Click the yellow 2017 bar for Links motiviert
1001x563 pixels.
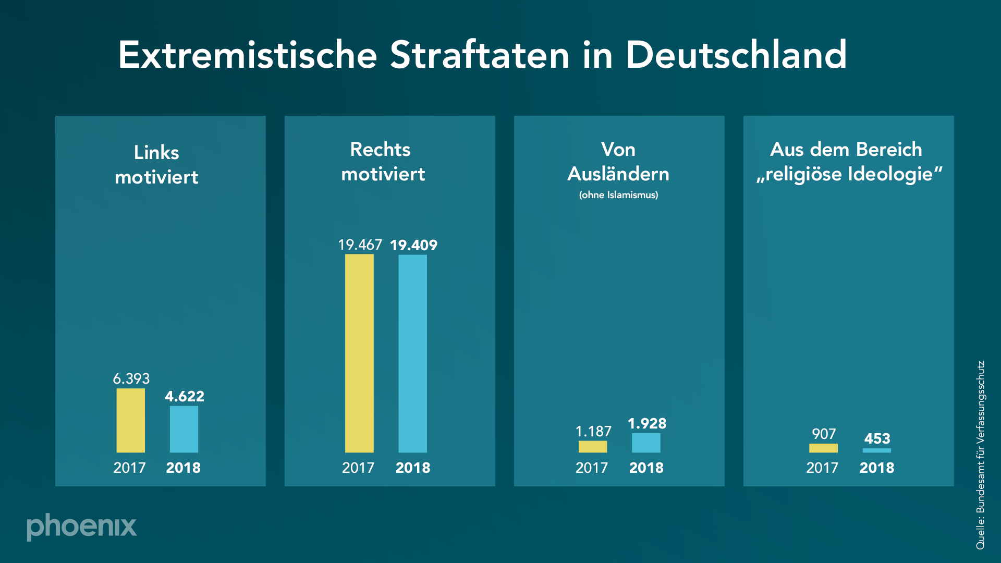(130, 420)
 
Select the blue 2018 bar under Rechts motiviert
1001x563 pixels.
(412, 353)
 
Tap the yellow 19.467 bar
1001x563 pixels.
(359, 353)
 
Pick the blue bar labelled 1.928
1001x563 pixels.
(646, 443)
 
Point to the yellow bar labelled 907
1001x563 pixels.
(823, 448)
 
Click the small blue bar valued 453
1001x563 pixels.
(876, 450)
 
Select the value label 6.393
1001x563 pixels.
(131, 378)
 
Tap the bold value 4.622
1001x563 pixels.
(185, 396)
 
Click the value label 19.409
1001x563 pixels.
(413, 245)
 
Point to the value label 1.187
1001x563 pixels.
(593, 431)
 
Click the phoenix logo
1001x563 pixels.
(82, 527)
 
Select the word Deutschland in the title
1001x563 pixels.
(736, 55)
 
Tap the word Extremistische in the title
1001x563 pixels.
(248, 55)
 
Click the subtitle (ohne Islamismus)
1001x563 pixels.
(618, 195)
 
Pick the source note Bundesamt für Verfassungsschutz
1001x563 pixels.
(980, 455)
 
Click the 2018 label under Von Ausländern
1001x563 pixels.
(646, 468)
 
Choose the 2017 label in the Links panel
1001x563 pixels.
(129, 468)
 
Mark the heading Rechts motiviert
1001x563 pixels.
(382, 162)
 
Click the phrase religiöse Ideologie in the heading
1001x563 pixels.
(849, 174)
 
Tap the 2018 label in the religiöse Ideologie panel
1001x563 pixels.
(876, 468)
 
